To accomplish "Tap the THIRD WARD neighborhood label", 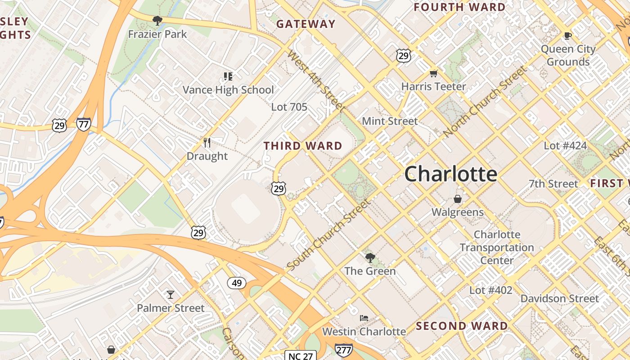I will pyautogui.click(x=303, y=146).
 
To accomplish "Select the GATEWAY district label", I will pyautogui.click(x=306, y=24).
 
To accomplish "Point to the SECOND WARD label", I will pyautogui.click(x=462, y=326).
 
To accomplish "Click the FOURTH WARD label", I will pyautogui.click(x=459, y=7).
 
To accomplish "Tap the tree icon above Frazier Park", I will pyautogui.click(x=157, y=21).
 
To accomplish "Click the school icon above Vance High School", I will pyautogui.click(x=228, y=76).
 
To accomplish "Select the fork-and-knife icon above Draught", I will pyautogui.click(x=207, y=143).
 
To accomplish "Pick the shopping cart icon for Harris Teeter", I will pyautogui.click(x=433, y=73).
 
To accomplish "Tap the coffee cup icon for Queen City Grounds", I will pyautogui.click(x=568, y=36).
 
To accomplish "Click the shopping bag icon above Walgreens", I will pyautogui.click(x=458, y=198).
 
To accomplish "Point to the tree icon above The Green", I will pyautogui.click(x=370, y=258).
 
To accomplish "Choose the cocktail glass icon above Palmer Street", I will pyautogui.click(x=171, y=295).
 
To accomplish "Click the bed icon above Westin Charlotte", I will pyautogui.click(x=364, y=318).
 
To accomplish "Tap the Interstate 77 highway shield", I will pyautogui.click(x=83, y=124).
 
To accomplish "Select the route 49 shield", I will pyautogui.click(x=236, y=283).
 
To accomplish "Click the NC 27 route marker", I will pyautogui.click(x=300, y=356).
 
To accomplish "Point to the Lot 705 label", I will pyautogui.click(x=289, y=107).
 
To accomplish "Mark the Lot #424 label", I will pyautogui.click(x=565, y=146).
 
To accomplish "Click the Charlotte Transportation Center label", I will pyautogui.click(x=497, y=247).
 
